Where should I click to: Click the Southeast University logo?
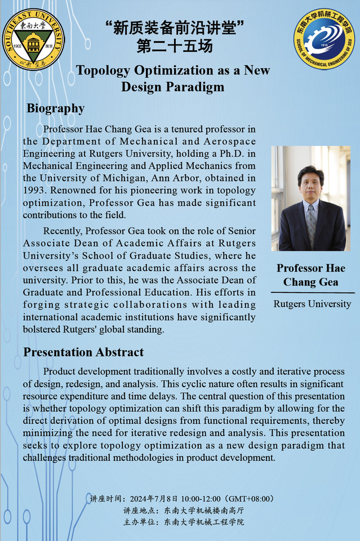[33, 38]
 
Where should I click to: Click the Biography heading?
[55, 108]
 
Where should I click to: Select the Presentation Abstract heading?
[83, 352]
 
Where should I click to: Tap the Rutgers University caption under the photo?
[312, 304]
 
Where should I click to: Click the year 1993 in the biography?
[34, 190]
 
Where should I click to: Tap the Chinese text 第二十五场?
[175, 46]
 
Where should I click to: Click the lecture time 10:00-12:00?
[201, 499]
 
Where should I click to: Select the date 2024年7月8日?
[154, 499]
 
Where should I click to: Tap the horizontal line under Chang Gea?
[313, 293]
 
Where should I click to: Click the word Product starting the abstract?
[61, 372]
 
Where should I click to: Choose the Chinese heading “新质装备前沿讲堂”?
[175, 26]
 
